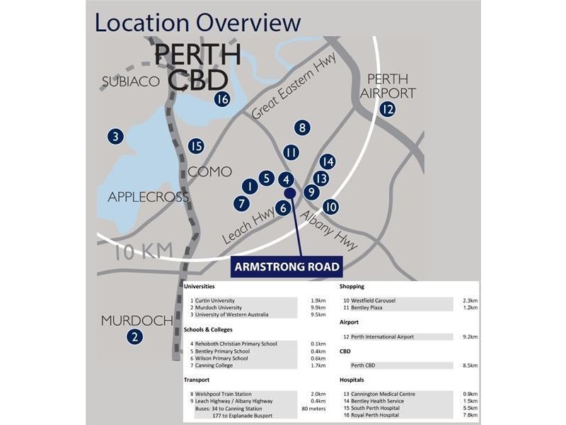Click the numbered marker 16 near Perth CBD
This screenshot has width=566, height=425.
pos(222,99)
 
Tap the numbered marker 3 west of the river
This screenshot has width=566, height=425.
pos(116,137)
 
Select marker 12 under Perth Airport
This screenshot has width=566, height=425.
pos(387,109)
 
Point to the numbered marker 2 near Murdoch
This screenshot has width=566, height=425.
pos(134,338)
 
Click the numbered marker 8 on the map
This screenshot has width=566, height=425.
pos(302,128)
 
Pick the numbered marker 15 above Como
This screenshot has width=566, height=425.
pos(196,147)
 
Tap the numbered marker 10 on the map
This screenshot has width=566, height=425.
pos(330,207)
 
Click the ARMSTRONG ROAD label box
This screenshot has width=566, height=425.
pos(287,267)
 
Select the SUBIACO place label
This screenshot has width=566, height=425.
pos(131,81)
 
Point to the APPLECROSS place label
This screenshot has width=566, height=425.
pos(149,197)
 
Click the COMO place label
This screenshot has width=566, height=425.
pos(210,171)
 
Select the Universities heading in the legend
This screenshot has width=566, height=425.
pos(200,287)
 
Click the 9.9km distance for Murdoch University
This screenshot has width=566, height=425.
pos(318,308)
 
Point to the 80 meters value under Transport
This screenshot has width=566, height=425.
pos(314,409)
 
